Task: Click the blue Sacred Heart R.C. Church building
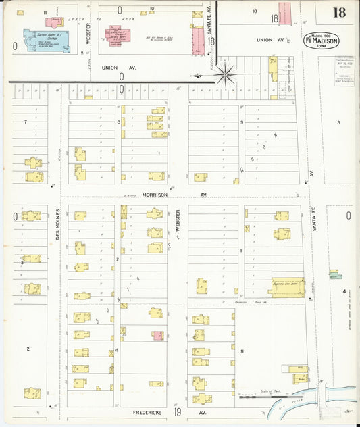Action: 36,38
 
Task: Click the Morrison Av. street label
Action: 156,194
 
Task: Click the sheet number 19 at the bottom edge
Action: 177,411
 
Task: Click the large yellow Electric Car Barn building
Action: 288,286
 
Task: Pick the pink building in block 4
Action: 157,335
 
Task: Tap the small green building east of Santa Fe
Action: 334,274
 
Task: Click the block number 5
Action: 242,351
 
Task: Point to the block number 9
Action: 242,122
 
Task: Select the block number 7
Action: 25,122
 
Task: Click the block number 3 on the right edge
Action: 338,122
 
